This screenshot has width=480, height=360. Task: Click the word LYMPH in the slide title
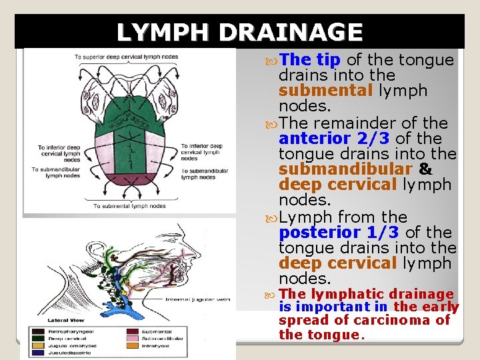(163, 32)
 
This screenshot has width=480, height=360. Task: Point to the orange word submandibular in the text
(343, 169)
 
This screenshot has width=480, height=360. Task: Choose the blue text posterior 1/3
(339, 232)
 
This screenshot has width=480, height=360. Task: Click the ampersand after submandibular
(425, 169)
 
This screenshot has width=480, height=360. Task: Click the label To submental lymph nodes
(129, 206)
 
